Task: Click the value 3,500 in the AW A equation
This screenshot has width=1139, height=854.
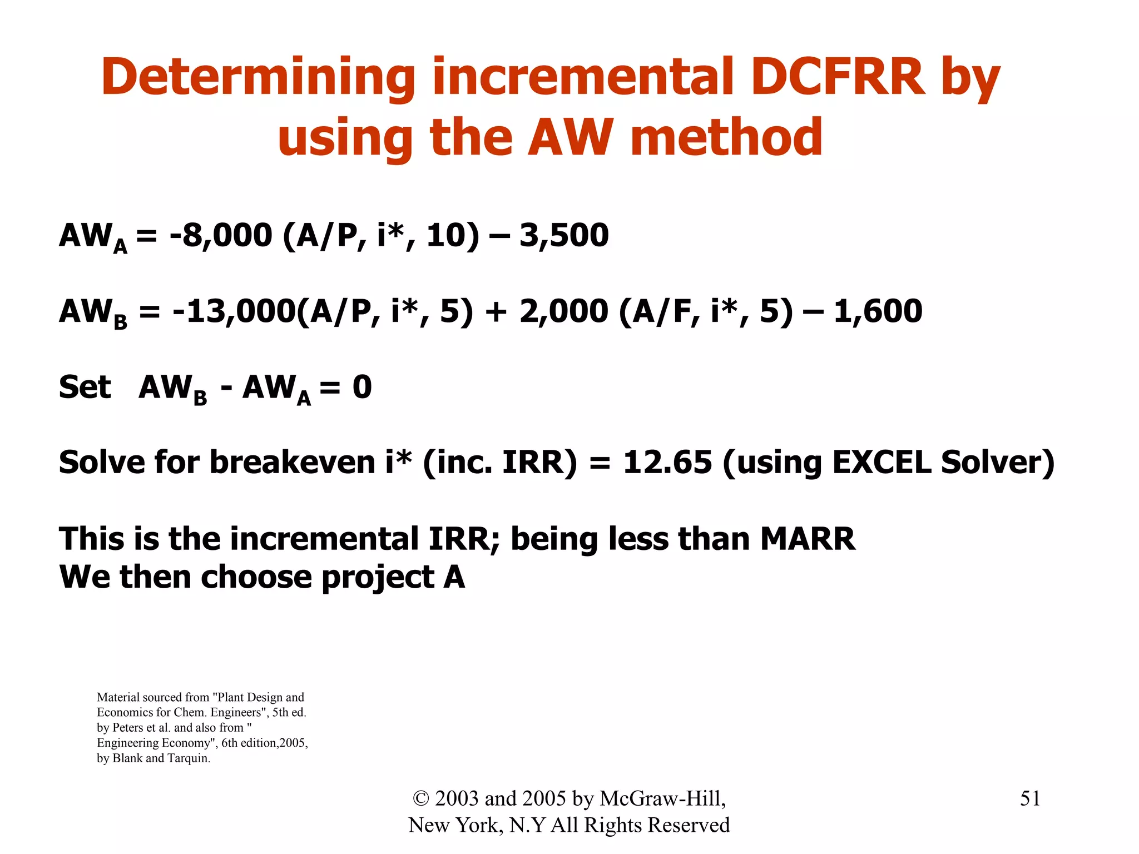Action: click(564, 235)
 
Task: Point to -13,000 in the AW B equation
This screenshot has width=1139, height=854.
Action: click(234, 311)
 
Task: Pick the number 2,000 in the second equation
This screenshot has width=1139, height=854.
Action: click(563, 311)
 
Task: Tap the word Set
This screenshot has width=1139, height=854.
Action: click(85, 387)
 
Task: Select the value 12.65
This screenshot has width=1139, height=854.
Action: click(667, 463)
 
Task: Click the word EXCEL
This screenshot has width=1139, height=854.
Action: click(881, 463)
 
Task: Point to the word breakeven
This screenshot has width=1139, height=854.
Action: click(293, 463)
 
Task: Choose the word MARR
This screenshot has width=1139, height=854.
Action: click(808, 539)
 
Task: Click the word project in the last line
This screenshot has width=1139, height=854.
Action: click(378, 578)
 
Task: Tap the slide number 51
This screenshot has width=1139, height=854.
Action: click(1030, 798)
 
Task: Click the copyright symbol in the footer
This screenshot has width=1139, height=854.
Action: click(421, 799)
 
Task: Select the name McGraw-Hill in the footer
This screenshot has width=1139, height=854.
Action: click(662, 798)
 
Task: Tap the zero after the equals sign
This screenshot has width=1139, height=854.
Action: click(362, 387)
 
